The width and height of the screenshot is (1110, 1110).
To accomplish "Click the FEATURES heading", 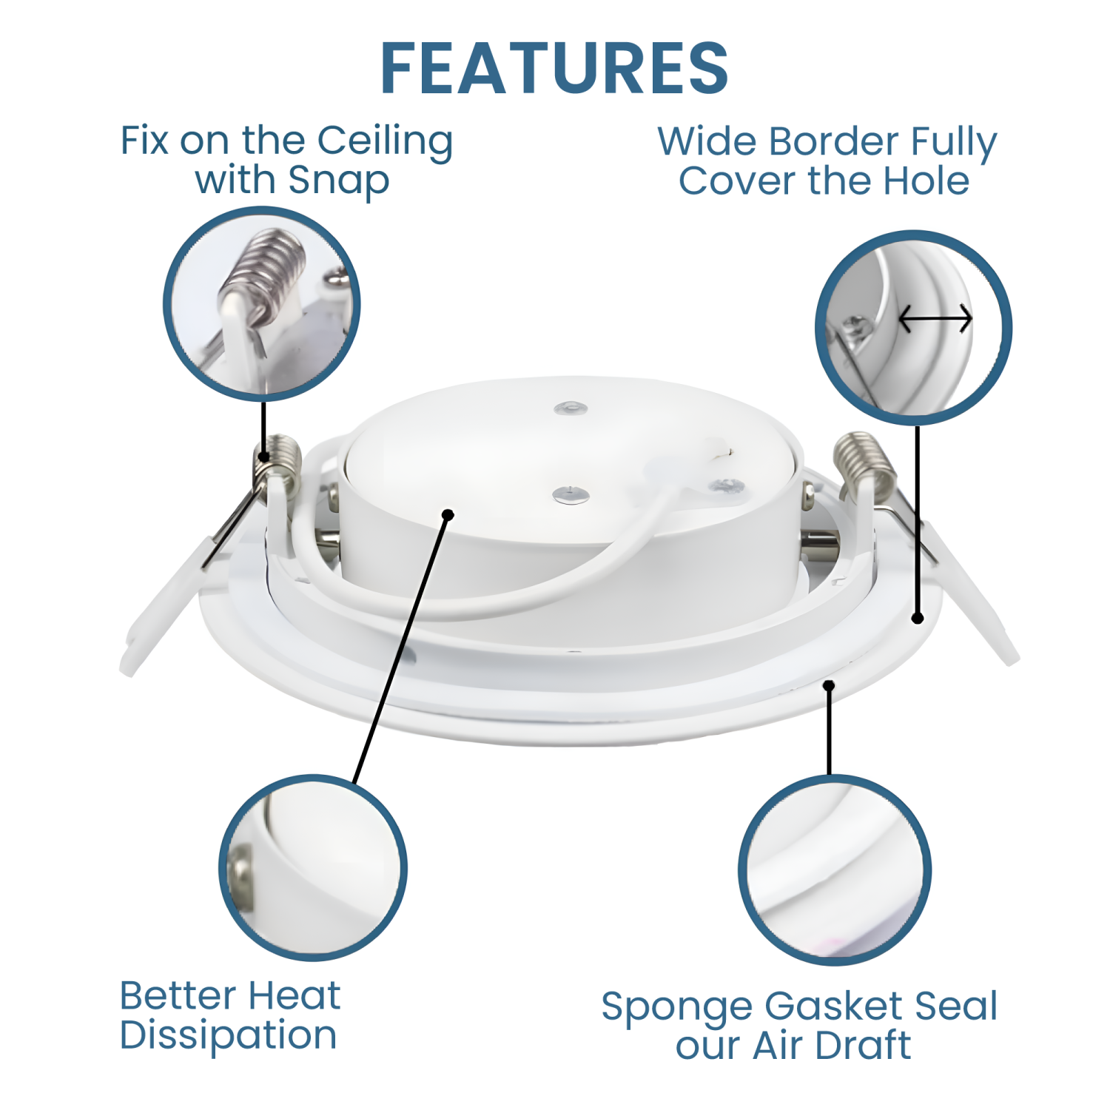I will (554, 69).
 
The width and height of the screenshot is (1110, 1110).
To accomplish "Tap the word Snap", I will (338, 181).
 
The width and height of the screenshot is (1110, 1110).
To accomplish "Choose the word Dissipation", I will (228, 1035).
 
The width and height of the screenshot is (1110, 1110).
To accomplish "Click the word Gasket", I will (834, 1006).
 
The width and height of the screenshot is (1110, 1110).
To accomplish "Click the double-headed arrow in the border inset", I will (935, 320).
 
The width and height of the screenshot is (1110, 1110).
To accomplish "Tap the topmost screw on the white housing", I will (571, 408).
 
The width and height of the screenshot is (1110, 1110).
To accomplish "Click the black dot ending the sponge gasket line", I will (830, 686).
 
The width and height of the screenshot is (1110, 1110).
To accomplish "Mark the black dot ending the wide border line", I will (918, 618).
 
